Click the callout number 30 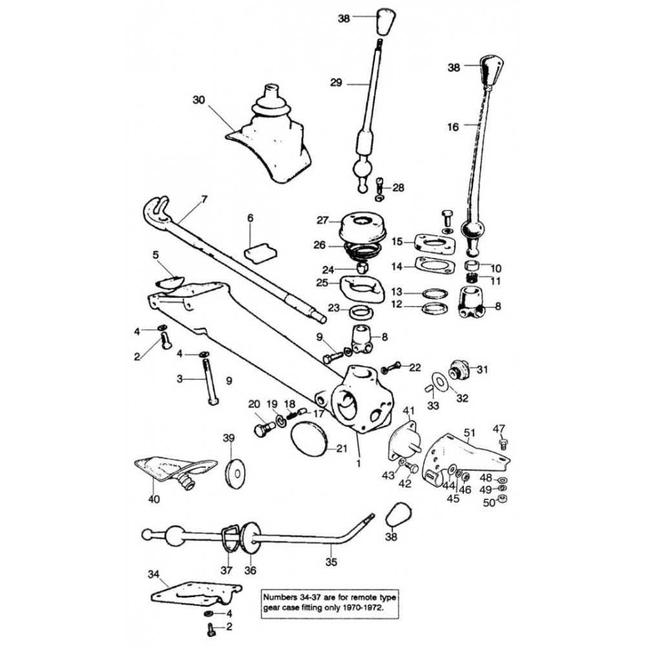[198, 99]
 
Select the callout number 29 [335, 83]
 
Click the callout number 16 [452, 128]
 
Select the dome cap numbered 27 [359, 228]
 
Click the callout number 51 [470, 433]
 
